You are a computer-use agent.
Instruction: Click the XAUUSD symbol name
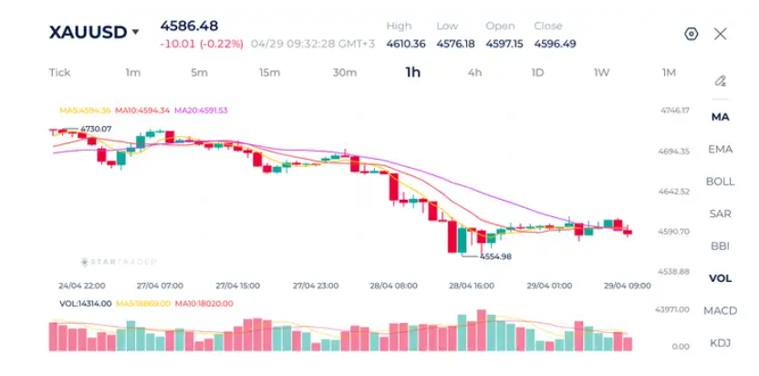point(88,33)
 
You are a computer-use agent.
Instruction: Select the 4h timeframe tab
point(474,73)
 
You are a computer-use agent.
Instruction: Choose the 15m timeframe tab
point(270,73)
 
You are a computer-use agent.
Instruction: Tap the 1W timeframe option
point(602,73)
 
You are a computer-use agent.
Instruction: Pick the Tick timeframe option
point(59,73)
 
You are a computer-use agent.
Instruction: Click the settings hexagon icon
point(691,34)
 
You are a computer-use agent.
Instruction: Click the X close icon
point(721,34)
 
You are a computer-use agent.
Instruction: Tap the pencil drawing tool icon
point(721,80)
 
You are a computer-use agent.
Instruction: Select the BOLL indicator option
point(721,182)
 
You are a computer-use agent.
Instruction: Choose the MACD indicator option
point(721,310)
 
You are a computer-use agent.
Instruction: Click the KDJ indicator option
point(721,343)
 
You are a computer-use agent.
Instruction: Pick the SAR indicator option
point(721,214)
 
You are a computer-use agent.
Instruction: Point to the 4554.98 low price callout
point(495,256)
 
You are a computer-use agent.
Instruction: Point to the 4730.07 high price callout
point(96,129)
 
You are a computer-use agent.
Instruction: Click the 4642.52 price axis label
point(674,192)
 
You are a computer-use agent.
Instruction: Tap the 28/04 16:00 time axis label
point(472,286)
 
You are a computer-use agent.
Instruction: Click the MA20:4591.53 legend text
point(201,110)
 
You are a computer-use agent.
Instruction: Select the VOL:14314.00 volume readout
point(85,304)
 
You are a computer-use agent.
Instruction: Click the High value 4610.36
point(406,44)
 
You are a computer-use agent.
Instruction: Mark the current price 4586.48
point(189,26)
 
